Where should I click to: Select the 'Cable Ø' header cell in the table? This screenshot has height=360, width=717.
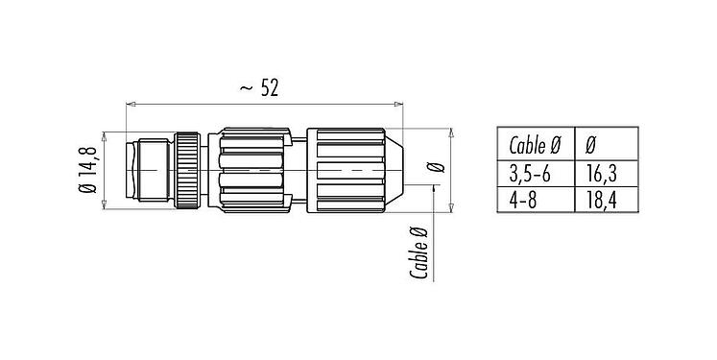tap(535, 147)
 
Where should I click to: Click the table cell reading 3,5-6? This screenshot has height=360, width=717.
tap(535, 172)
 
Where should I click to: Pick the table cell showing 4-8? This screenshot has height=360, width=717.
tap(535, 198)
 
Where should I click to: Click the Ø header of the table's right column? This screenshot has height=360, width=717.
tap(589, 147)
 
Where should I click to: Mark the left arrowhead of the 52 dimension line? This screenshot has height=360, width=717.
tap(131, 104)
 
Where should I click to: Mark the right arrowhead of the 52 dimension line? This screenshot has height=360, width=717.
tap(397, 104)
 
